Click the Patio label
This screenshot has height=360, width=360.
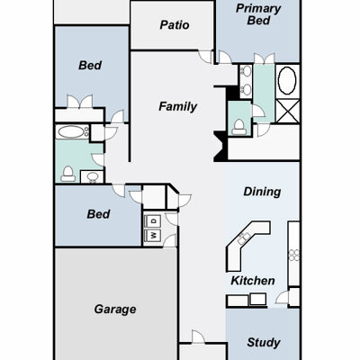click(175, 25)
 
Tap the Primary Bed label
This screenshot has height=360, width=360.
click(258, 14)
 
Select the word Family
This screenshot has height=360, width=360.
click(177, 106)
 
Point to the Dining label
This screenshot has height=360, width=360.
click(262, 192)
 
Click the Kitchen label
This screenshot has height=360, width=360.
click(253, 281)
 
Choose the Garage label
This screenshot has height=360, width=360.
click(115, 310)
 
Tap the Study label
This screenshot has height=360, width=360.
click(264, 342)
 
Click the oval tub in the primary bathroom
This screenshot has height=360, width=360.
click(287, 80)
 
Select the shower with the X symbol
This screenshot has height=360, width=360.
click(287, 112)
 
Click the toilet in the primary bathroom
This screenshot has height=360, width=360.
click(239, 127)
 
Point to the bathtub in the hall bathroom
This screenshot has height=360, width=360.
click(72, 131)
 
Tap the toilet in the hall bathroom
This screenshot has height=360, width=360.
click(68, 174)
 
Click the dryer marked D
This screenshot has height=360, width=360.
click(153, 221)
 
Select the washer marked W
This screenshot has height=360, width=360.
click(153, 235)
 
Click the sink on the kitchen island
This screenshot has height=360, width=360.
click(244, 238)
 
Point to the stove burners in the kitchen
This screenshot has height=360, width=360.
click(293, 256)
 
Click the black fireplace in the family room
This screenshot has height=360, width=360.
click(220, 147)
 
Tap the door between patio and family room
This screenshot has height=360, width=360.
click(206, 57)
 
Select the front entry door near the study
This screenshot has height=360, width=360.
click(198, 337)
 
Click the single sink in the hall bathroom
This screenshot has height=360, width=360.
click(92, 176)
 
